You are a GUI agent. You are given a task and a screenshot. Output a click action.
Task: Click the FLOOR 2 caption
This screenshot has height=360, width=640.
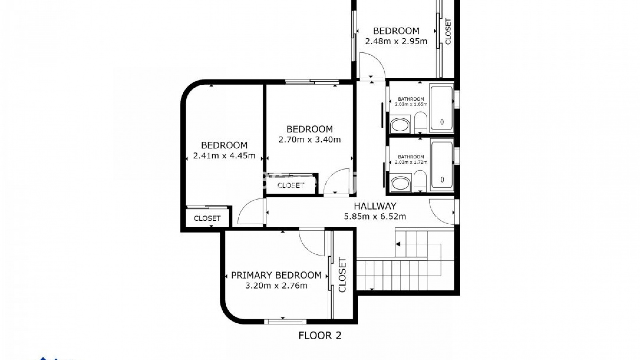(320, 335)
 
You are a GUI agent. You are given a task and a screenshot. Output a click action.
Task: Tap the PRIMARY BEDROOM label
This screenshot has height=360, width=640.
(276, 275)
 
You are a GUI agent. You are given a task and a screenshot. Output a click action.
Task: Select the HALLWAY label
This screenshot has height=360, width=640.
(375, 206)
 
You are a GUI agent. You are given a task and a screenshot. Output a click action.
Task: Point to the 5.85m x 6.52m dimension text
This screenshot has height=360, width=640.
(375, 217)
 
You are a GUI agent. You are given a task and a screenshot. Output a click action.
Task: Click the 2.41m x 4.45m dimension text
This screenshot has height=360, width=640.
(224, 156)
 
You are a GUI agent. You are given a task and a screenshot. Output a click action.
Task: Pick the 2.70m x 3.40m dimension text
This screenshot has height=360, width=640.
(310, 140)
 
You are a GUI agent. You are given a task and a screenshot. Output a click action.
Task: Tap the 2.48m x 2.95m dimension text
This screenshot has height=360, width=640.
(396, 41)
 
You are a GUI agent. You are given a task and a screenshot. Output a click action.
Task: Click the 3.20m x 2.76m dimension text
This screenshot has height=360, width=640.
(276, 286)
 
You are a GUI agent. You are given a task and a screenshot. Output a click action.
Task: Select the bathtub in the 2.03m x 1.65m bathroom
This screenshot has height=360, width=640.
(442, 108)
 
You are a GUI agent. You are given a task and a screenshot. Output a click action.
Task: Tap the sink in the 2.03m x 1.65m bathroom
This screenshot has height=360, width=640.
(400, 125)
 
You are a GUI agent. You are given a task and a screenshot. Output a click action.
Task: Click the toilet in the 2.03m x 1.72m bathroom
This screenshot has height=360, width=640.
(421, 181)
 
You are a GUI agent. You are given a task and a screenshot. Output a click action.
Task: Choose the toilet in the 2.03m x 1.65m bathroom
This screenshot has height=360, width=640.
(421, 123)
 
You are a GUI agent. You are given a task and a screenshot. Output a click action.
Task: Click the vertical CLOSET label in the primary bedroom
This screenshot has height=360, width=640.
(343, 275)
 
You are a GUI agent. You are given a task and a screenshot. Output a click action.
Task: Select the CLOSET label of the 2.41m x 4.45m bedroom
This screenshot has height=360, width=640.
(207, 218)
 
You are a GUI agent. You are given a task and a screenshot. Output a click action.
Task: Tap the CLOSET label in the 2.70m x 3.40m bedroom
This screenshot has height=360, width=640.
(291, 185)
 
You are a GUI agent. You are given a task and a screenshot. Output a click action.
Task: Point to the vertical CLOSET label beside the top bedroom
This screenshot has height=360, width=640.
(448, 31)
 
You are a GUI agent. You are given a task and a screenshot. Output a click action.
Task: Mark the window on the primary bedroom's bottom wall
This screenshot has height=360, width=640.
(285, 321)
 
